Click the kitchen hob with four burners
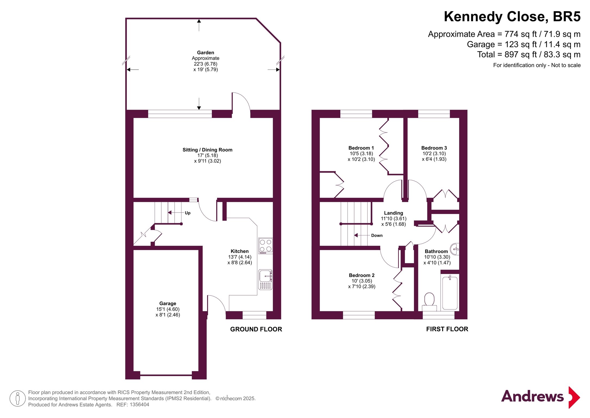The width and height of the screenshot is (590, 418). pos(265,246)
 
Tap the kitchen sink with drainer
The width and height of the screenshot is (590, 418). pos(265,279)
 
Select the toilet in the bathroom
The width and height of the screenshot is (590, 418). pos(429,302)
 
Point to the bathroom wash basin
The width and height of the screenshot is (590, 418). pos(455,249)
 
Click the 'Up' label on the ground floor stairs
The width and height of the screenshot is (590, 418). pos(187,213)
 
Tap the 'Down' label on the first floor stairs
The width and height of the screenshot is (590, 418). pos(377,235)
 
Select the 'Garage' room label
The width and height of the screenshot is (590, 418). pos(168,303)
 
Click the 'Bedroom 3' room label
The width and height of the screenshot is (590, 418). pos(434,148)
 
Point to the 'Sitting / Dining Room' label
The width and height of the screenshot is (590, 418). pos(207,150)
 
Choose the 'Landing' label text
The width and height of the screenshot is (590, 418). pos(393,213)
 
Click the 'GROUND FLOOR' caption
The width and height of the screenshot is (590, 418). pos(256,329)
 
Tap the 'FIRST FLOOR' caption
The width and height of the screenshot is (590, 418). pos(447,329)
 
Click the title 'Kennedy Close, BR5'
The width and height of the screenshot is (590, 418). pos(512,16)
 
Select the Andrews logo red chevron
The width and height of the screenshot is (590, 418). pos(574,397)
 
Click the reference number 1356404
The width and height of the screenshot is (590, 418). pos(139,405)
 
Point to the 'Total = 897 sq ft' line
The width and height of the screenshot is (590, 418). pos(529,54)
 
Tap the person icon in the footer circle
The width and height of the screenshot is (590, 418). pos(18,398)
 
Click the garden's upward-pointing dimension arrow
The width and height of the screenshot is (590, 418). pos(199,25)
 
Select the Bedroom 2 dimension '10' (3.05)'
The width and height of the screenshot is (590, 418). pos(362,281)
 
